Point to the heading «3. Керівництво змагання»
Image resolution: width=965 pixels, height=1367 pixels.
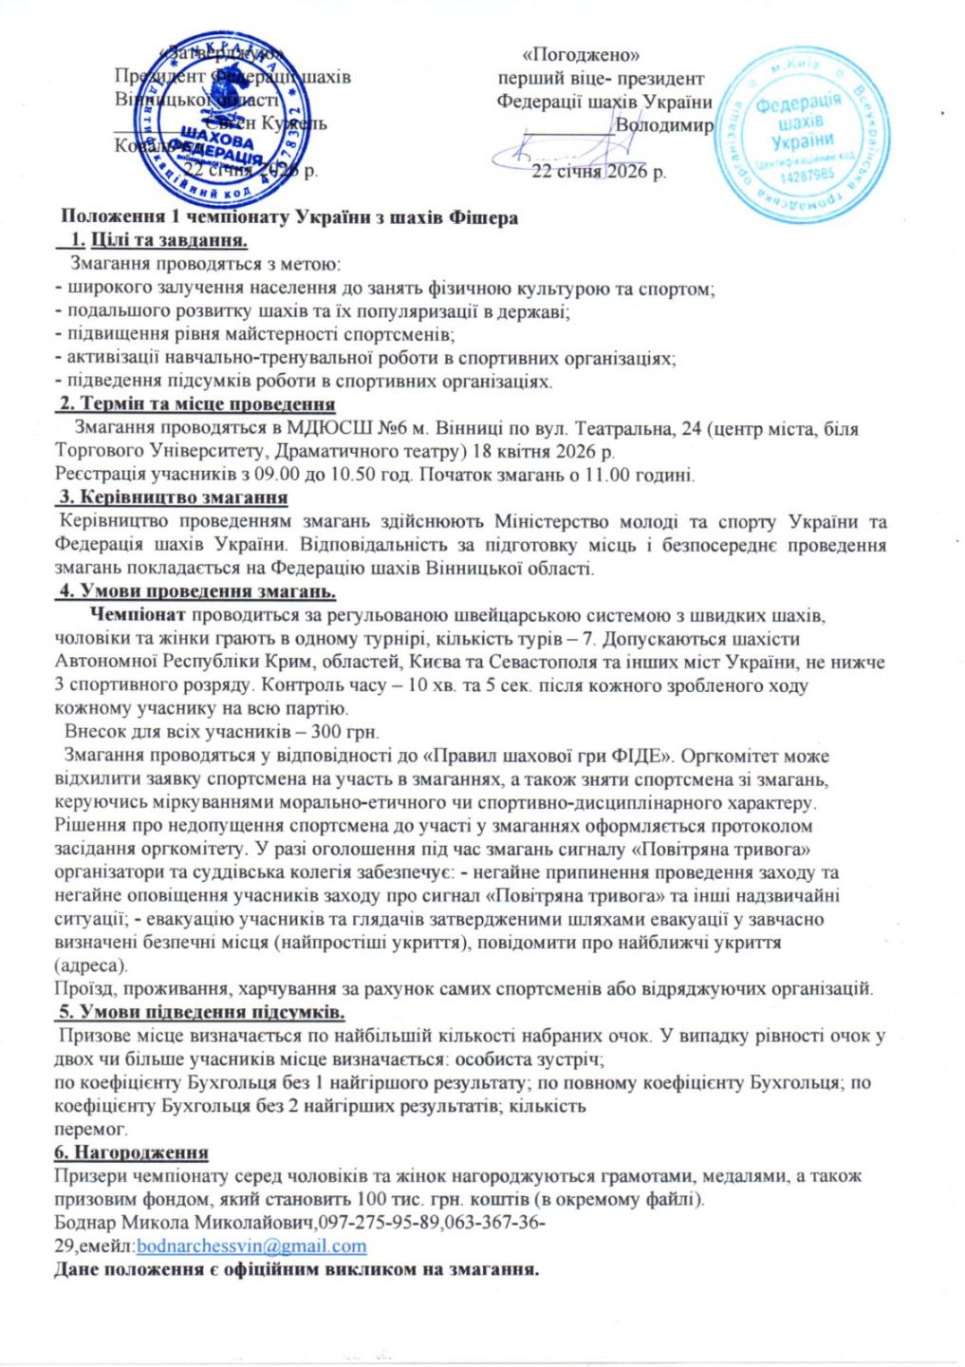click(x=174, y=496)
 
